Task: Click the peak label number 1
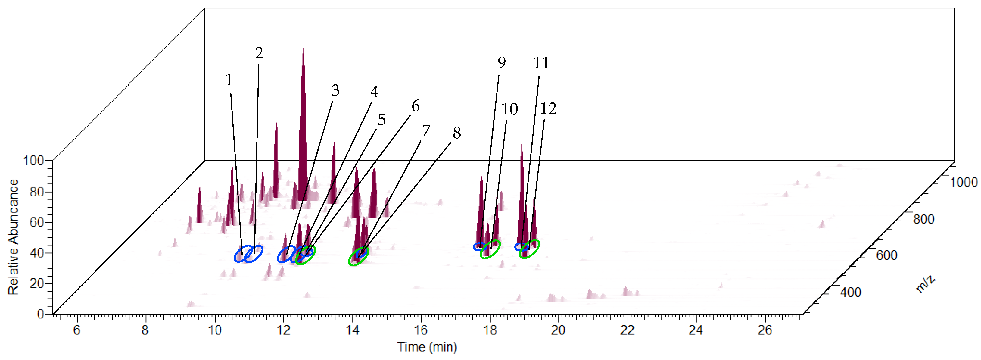(229, 80)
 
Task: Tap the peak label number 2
(259, 53)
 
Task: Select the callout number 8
(456, 133)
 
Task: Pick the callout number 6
(416, 106)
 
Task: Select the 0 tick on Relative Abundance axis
(40, 314)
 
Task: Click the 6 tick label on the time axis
(76, 330)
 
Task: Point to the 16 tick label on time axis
(421, 330)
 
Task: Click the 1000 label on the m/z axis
(964, 182)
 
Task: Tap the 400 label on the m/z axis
(850, 292)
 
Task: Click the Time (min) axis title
(427, 347)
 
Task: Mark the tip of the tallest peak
(304, 49)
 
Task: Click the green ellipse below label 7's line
(358, 256)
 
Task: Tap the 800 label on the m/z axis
(923, 219)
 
